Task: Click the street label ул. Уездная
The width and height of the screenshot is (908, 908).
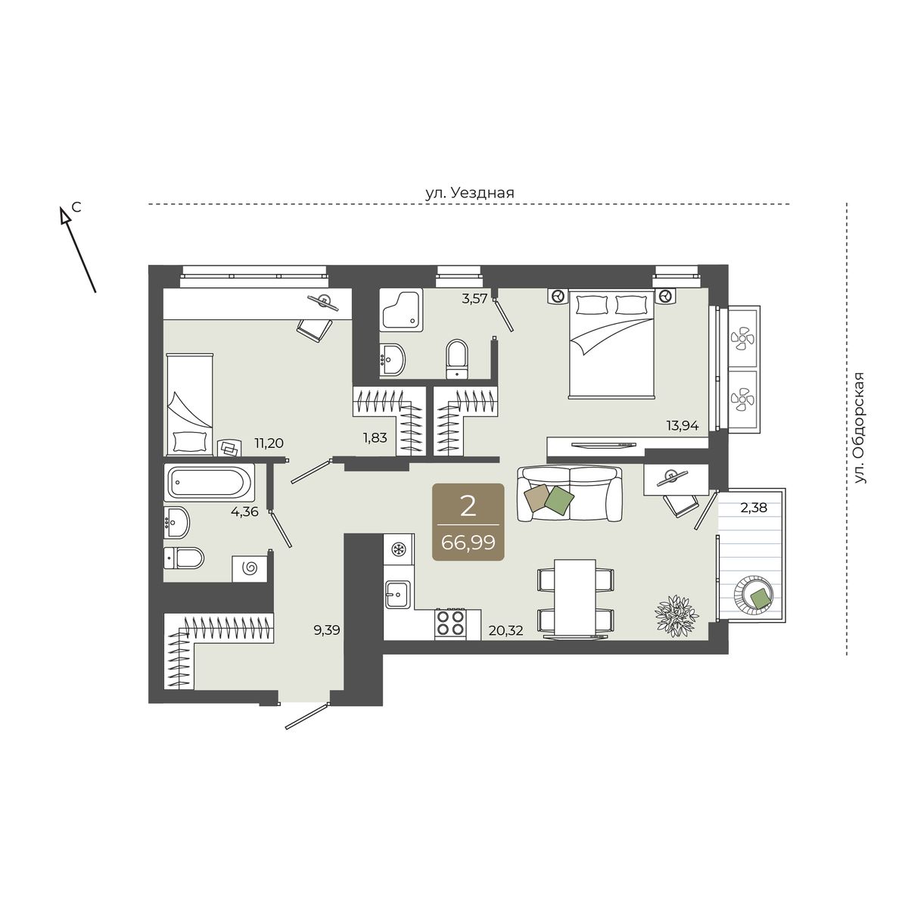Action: tap(469, 193)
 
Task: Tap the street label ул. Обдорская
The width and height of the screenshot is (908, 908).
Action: tap(860, 428)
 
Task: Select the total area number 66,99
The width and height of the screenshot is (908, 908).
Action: tap(468, 543)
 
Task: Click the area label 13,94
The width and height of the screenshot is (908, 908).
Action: tap(683, 426)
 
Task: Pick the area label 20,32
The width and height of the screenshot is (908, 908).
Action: tap(506, 630)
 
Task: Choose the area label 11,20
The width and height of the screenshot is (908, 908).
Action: tap(269, 443)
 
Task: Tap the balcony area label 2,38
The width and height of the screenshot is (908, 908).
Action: tap(754, 508)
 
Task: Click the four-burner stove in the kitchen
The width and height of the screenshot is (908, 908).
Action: tap(450, 624)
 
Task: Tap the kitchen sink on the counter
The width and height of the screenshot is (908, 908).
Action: tap(398, 594)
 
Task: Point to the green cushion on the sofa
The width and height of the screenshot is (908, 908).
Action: tap(559, 498)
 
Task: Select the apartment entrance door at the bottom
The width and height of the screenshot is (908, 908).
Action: tap(306, 716)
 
